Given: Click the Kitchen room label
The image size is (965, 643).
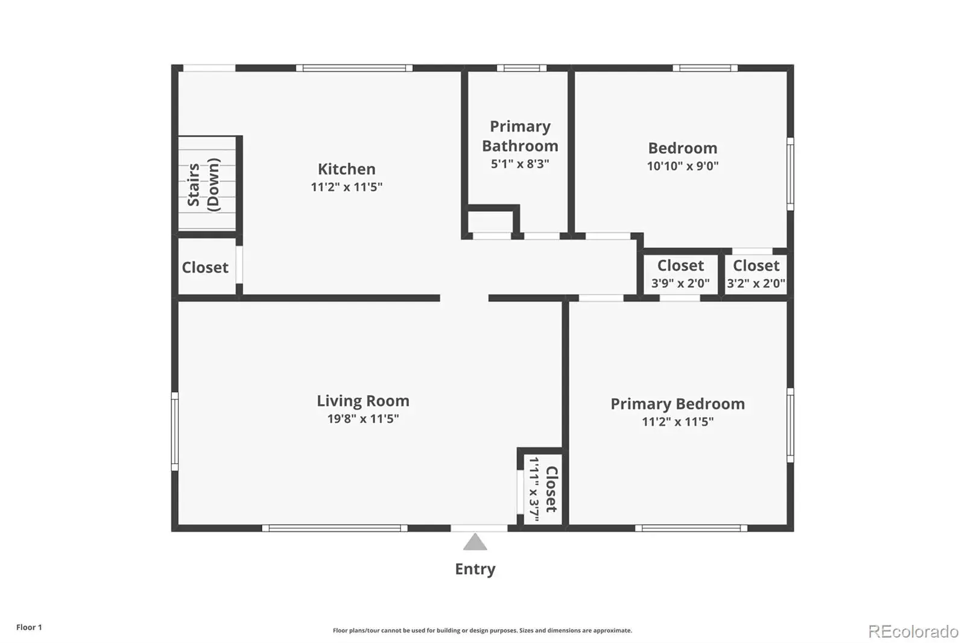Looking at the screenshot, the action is (x=346, y=169).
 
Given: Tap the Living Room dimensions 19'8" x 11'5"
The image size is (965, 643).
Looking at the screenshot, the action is (x=363, y=419).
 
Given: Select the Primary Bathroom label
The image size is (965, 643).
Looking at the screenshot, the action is (x=520, y=136).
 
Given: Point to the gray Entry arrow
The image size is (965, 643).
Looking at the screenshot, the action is (x=475, y=542).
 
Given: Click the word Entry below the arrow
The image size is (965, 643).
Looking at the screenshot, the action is (x=475, y=569).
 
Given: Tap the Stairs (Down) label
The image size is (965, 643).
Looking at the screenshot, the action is (x=203, y=185).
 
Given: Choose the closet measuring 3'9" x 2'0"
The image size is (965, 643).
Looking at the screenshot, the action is (x=680, y=274).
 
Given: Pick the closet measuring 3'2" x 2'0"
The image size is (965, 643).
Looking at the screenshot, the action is (x=756, y=274).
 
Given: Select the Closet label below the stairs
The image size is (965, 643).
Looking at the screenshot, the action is (x=205, y=267).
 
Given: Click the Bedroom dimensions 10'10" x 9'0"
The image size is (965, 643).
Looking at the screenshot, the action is (x=683, y=166).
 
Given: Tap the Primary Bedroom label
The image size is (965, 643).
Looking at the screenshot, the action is (x=678, y=404).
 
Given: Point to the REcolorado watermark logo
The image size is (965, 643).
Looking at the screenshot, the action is (x=913, y=632).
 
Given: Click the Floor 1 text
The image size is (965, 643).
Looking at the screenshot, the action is (x=30, y=627).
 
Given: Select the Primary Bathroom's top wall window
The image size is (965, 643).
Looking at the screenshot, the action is (x=522, y=68).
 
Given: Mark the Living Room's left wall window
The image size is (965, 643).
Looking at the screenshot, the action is (x=175, y=431).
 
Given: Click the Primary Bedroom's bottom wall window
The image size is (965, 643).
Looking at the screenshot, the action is (x=691, y=528).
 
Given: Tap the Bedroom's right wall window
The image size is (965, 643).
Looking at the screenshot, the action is (x=791, y=174).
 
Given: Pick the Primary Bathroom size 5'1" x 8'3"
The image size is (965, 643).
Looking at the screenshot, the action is (x=520, y=164).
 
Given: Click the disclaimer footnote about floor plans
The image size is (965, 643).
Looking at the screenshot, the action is (x=482, y=630).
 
